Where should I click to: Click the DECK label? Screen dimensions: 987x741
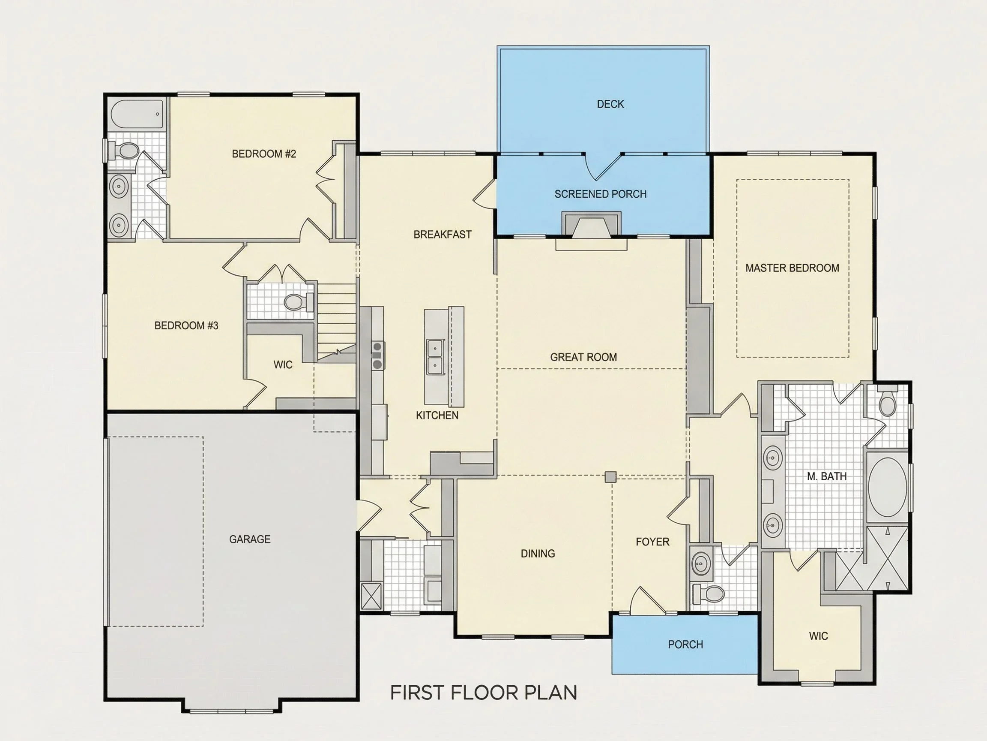click(610, 104)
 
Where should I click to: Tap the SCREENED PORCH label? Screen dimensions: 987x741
click(601, 194)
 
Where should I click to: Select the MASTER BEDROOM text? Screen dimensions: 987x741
click(792, 268)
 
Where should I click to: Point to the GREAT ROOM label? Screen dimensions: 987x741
click(583, 357)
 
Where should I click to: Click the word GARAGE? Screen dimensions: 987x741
click(250, 539)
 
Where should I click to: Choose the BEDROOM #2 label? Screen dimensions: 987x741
click(264, 154)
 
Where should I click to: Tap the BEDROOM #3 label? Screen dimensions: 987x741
click(186, 325)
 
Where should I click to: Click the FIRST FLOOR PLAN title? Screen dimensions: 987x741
click(484, 693)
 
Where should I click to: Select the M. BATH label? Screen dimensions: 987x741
click(827, 476)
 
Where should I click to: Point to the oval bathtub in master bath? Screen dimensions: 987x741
click(888, 487)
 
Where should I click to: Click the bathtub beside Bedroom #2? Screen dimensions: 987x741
click(138, 114)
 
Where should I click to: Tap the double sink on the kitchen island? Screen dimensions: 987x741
click(435, 357)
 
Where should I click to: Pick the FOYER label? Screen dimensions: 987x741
click(652, 542)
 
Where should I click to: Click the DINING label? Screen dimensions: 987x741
click(538, 554)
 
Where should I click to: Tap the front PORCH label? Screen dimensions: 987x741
click(685, 645)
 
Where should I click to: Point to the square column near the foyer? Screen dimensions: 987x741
click(610, 477)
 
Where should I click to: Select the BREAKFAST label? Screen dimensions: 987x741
click(442, 235)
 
